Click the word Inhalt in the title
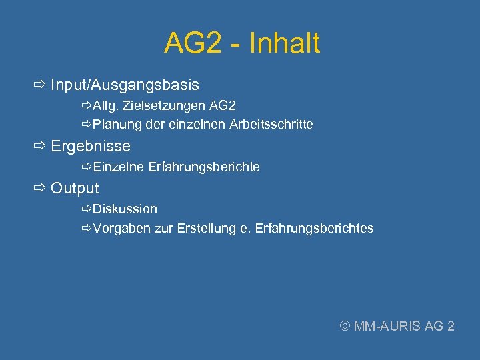tap(284, 44)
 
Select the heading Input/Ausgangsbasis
tap(125, 85)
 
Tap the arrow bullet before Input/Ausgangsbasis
tap(39, 85)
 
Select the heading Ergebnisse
tap(91, 146)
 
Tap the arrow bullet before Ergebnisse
tap(39, 146)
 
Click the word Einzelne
tap(119, 167)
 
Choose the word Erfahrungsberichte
tap(204, 167)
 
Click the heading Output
tap(75, 189)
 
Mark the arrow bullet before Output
tap(39, 189)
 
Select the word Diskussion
tap(125, 209)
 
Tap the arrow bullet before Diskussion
tap(87, 209)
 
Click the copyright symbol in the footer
tap(345, 326)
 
